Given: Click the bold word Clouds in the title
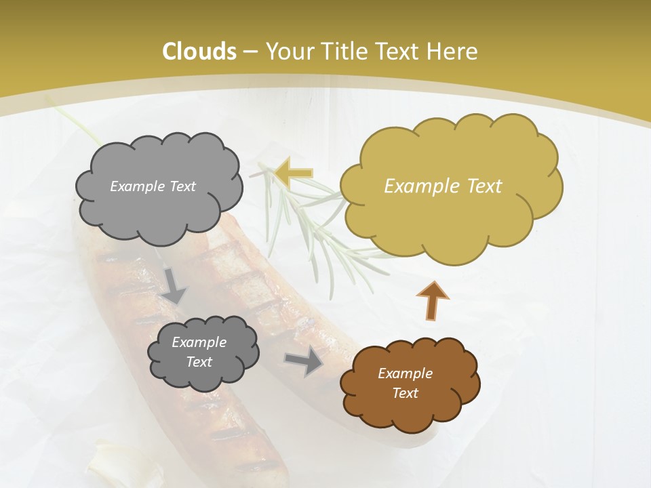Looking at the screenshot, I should [x=199, y=52].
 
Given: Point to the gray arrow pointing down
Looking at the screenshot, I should [x=174, y=285].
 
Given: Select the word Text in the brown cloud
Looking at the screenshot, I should [x=405, y=393].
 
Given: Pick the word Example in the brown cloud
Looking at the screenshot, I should [x=405, y=373].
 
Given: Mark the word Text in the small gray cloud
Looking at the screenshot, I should [x=199, y=362].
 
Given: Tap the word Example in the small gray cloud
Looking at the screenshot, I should [x=199, y=342].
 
